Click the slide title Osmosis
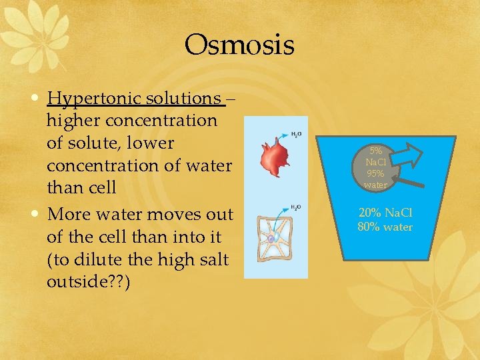(x=239, y=45)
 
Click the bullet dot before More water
(x=37, y=215)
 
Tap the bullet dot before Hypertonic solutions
(x=37, y=99)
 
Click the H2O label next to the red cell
(x=295, y=134)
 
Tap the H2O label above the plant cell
(x=295, y=207)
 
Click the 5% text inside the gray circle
(x=375, y=151)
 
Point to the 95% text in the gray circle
(x=375, y=174)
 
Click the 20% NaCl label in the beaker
(x=385, y=213)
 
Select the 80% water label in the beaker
(x=385, y=227)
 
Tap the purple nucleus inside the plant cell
(x=271, y=238)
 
